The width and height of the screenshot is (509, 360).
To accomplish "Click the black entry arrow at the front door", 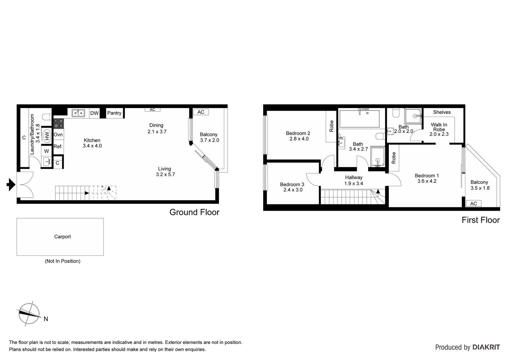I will pos(11,184).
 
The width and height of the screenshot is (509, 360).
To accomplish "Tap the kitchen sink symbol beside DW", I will pos(78,113).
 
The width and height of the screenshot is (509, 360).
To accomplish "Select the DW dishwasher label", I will pos(94,113).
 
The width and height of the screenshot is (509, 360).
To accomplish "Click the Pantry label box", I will pos(114,113).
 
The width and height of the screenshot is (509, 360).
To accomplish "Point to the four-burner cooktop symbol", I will pos(59,124).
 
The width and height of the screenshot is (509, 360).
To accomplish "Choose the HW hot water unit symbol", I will pos(47,136).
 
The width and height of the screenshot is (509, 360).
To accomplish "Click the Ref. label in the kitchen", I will pos(58,147).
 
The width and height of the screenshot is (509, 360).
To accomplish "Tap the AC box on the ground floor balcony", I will pos(201,112).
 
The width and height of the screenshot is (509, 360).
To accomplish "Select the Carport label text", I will pos(63,237).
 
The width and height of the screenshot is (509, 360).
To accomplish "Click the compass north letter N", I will pos(46,319).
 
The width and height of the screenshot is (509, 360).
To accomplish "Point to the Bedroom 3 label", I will pos(292,184).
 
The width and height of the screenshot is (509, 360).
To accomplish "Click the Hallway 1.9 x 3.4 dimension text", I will pos(353,184).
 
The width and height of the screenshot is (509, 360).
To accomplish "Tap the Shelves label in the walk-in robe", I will pos(442,112).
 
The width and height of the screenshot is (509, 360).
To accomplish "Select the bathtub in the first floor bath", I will pos(359,119).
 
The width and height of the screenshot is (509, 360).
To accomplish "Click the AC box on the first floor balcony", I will pos(473,204).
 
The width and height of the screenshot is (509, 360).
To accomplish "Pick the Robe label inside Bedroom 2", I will pos(331,126).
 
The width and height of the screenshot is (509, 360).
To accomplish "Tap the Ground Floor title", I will pos(194,212).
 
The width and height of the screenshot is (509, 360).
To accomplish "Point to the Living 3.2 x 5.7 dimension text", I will pos(165,174).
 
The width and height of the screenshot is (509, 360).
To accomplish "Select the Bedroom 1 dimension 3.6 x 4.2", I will pos(427,181).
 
